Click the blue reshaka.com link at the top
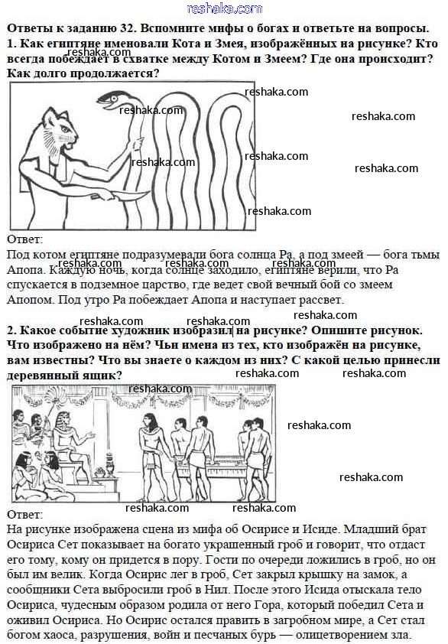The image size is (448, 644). (x=225, y=8)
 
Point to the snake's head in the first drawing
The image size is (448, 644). (x=108, y=99)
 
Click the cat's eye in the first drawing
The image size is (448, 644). (x=65, y=129)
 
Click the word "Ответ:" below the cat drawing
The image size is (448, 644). (x=24, y=239)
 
